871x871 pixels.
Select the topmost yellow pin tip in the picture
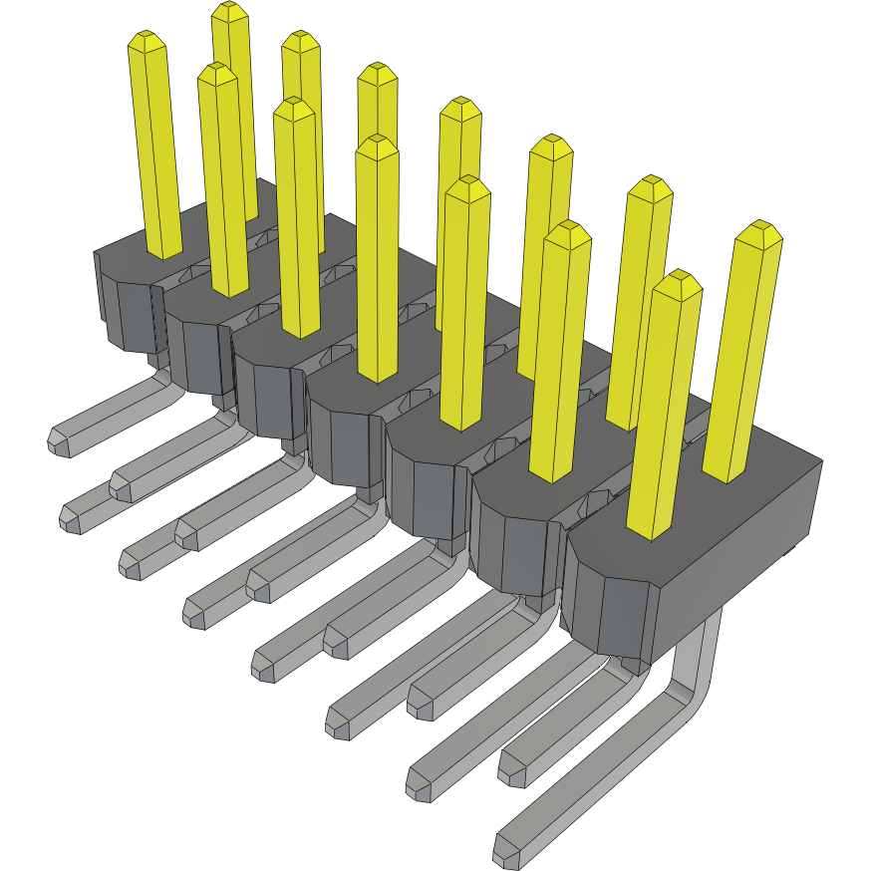pos(229,11)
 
